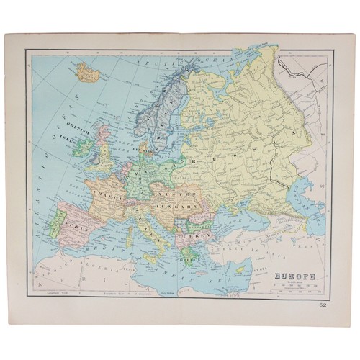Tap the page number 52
click(327, 306)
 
